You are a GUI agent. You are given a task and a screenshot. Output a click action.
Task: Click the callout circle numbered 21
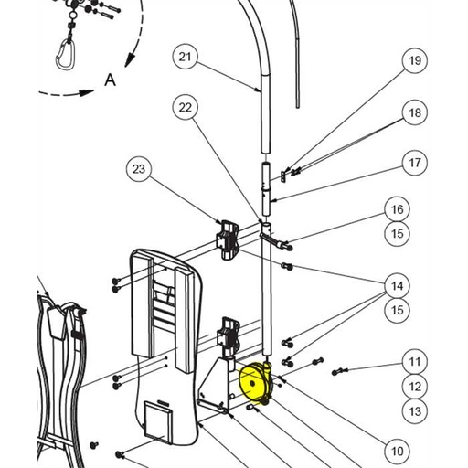(x=186, y=58)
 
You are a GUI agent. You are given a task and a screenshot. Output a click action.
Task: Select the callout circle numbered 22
(x=186, y=108)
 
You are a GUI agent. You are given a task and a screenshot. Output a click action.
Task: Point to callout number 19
(x=415, y=61)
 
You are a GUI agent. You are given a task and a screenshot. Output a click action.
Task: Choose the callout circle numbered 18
(x=415, y=112)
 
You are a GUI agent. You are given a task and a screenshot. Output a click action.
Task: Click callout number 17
(x=415, y=164)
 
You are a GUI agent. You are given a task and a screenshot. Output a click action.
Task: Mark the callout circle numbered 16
(x=397, y=209)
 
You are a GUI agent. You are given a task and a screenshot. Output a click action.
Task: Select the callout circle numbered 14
(x=397, y=286)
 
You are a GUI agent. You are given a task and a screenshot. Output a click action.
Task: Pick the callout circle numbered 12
(x=415, y=387)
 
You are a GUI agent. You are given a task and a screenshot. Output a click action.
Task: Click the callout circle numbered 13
(x=415, y=411)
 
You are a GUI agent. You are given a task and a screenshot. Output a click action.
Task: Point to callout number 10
(x=397, y=451)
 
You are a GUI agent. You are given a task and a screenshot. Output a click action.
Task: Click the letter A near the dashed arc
(x=110, y=80)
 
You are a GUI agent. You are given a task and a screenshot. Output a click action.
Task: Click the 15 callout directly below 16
(x=397, y=234)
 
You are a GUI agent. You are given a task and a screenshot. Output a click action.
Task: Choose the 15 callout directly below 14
(x=397, y=311)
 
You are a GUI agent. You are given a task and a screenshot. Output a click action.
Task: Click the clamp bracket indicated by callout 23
(x=229, y=238)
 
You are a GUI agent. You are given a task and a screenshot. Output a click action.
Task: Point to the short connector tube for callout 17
(x=266, y=182)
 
